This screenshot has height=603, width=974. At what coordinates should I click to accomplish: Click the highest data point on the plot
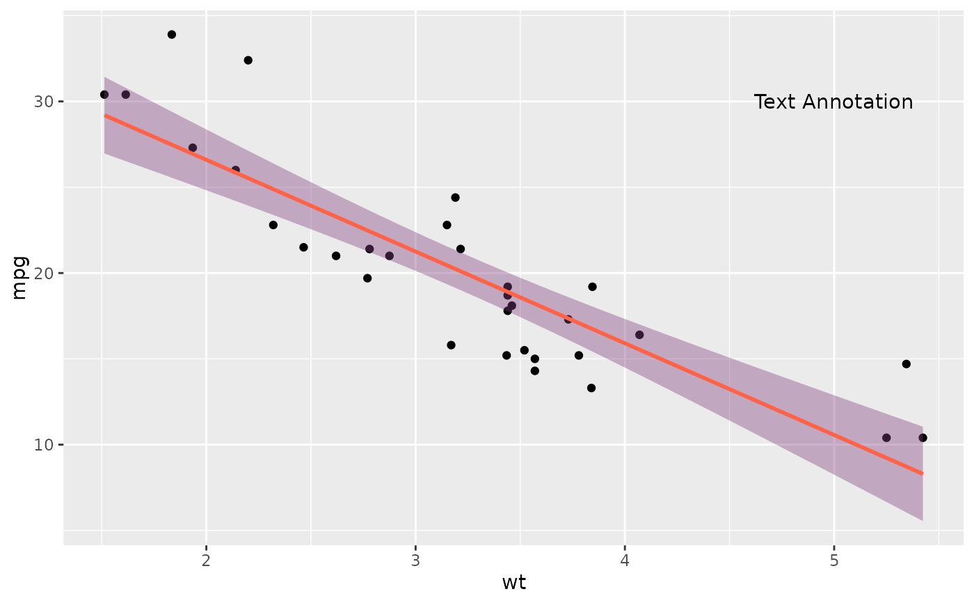coord(172,34)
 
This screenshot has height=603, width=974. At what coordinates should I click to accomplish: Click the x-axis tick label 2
coord(206,561)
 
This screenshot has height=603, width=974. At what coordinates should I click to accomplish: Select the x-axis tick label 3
coord(415,561)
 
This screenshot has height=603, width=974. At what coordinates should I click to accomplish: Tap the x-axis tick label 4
coord(625,561)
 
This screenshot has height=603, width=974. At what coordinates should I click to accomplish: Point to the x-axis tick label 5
coord(833,561)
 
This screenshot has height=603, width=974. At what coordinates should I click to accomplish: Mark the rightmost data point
coord(923,438)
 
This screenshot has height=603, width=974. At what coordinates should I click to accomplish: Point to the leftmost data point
coord(104,95)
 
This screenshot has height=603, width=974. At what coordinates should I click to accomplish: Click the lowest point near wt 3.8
coord(591,388)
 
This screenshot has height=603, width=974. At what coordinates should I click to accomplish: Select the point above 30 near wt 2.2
coord(248,60)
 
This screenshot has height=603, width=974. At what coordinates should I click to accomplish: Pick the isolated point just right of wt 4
coord(639,335)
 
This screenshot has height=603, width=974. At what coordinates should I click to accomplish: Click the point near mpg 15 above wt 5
coord(906,364)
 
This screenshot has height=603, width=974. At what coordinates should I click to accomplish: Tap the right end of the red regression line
coord(922,473)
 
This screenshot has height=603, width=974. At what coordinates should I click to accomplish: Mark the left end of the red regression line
coord(105,115)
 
